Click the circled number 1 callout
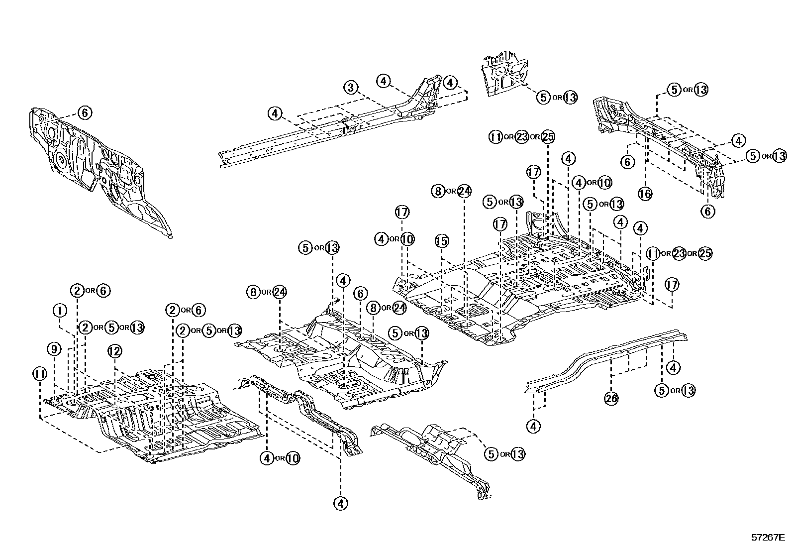click(60, 311)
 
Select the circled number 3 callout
click(351, 87)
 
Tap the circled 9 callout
click(54, 350)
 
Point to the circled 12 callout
click(114, 351)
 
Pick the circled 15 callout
click(442, 241)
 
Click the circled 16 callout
click(645, 194)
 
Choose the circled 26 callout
click(611, 398)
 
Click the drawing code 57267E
click(768, 538)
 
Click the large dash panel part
click(99, 170)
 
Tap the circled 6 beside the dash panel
click(85, 113)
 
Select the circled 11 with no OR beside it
click(40, 374)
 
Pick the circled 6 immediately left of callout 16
click(628, 162)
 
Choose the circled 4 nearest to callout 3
click(384, 81)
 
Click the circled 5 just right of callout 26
click(662, 390)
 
